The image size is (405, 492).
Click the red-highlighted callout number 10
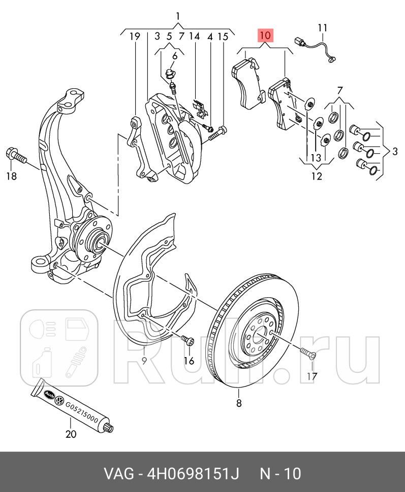click(265, 36)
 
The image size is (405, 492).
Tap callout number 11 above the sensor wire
click(323, 27)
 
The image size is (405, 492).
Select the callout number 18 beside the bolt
click(11, 176)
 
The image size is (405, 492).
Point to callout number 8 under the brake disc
click(239, 403)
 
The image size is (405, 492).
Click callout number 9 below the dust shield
click(144, 361)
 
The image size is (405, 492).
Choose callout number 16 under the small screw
click(189, 361)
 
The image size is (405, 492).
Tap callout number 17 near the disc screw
click(311, 376)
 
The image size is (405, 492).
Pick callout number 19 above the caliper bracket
click(134, 36)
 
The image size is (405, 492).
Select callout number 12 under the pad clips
click(317, 177)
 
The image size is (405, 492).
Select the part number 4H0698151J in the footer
click(193, 474)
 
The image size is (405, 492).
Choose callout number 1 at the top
click(178, 16)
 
